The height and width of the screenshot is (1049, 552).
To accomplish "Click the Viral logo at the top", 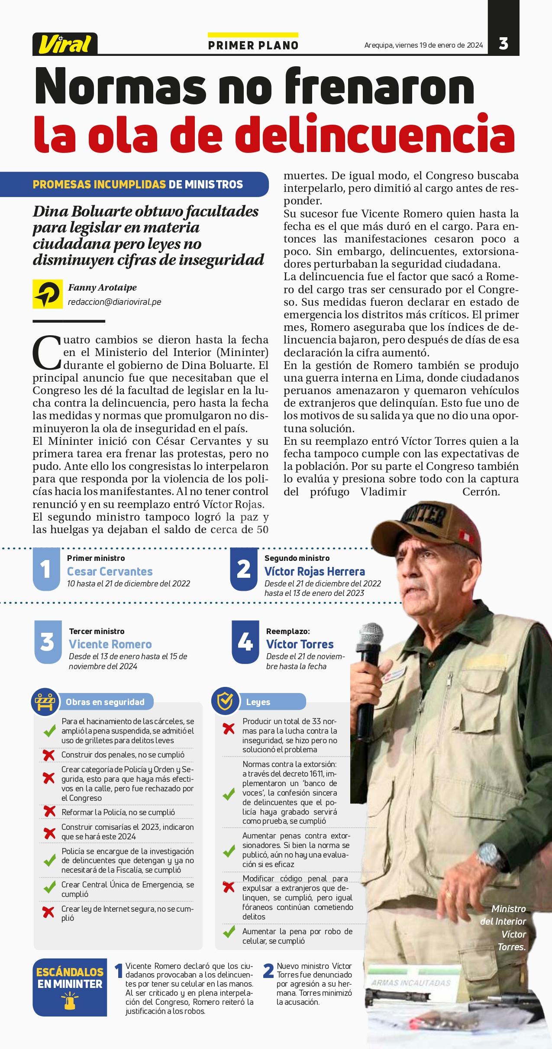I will [x=65, y=44].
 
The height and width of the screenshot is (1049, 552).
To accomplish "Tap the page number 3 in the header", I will [x=503, y=43].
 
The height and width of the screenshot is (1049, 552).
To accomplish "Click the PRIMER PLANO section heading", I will [x=253, y=45].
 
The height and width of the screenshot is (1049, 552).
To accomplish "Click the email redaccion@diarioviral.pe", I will [x=115, y=302].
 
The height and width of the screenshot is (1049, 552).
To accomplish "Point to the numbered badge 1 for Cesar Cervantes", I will [x=46, y=569].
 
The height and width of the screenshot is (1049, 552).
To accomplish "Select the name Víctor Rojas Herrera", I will [x=315, y=571].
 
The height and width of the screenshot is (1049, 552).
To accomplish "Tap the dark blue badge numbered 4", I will [x=245, y=642].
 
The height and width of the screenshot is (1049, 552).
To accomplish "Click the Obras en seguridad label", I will [x=105, y=702].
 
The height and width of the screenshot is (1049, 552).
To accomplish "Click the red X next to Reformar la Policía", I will [x=48, y=812].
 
